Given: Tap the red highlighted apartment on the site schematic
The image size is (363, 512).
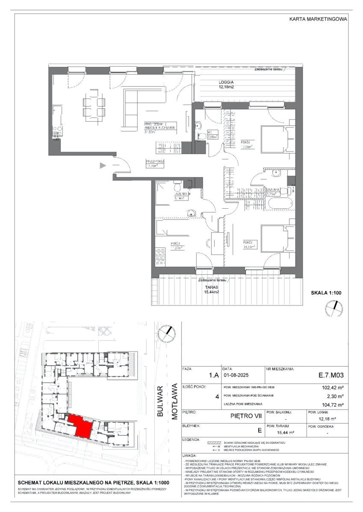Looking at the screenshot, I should point(81,425).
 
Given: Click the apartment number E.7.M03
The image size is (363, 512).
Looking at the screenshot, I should point(331,376).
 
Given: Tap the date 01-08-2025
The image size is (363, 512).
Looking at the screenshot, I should point(236,376).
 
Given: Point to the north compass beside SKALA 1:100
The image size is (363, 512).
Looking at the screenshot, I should point(333,308).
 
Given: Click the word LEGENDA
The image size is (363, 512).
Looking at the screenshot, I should point(191,439).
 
